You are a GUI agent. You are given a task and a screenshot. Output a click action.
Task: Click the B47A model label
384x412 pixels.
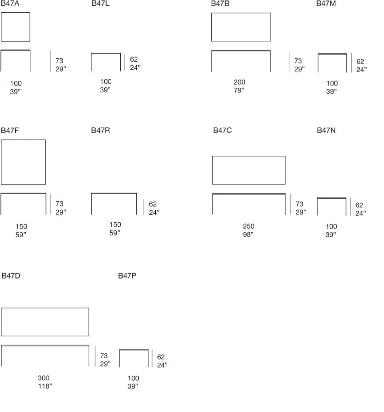10,4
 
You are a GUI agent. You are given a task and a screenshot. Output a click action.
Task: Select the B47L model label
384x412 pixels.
101,4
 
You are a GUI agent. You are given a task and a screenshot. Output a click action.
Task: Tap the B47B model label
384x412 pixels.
220,4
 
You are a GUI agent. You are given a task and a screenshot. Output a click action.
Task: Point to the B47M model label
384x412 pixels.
326,4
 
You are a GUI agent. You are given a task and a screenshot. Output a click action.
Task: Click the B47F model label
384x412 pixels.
10,131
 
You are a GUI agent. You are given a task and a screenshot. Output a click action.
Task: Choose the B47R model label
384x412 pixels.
101,131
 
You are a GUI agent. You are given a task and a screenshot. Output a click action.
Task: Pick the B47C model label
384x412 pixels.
223,131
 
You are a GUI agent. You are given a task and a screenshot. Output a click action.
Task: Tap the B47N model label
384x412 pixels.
326,131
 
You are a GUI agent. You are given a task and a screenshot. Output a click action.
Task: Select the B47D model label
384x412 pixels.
11,276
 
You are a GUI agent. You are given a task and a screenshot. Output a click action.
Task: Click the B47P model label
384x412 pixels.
127,276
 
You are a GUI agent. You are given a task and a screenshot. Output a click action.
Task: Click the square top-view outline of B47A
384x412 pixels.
16,27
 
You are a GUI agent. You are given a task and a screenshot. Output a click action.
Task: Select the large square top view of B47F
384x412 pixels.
23,162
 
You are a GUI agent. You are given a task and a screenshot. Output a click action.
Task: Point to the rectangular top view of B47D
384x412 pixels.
45,322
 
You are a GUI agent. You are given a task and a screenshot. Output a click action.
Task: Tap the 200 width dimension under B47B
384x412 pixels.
239,82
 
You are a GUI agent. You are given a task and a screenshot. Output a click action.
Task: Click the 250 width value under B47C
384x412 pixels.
248,226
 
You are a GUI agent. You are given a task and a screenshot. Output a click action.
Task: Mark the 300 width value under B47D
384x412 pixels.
44,378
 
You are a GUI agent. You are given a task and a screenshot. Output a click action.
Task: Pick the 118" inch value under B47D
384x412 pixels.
45,386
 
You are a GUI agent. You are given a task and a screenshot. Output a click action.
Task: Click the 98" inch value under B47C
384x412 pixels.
248,235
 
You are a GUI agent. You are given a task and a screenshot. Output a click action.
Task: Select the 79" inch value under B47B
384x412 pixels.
239,90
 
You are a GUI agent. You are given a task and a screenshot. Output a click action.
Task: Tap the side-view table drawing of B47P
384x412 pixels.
134,358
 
